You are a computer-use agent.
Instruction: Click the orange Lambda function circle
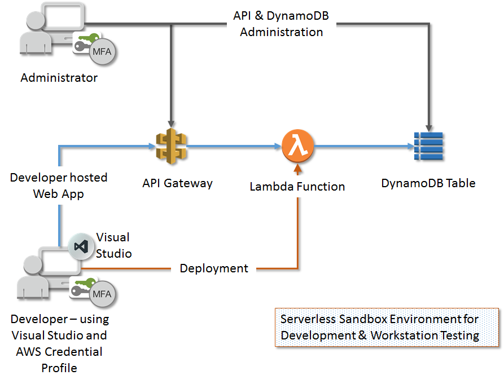[297, 147]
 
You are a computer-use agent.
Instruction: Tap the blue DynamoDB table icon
[429, 147]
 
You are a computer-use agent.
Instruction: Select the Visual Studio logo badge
[81, 246]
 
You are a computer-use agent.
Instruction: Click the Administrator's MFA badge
[102, 54]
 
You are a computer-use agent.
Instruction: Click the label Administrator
[59, 78]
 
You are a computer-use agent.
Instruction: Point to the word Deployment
[214, 268]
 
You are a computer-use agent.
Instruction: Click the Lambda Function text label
[297, 186]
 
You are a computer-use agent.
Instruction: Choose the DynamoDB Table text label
[428, 183]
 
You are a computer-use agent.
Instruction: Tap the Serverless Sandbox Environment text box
[387, 327]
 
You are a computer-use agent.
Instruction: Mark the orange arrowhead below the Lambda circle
[297, 166]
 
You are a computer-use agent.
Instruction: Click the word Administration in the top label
[282, 32]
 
